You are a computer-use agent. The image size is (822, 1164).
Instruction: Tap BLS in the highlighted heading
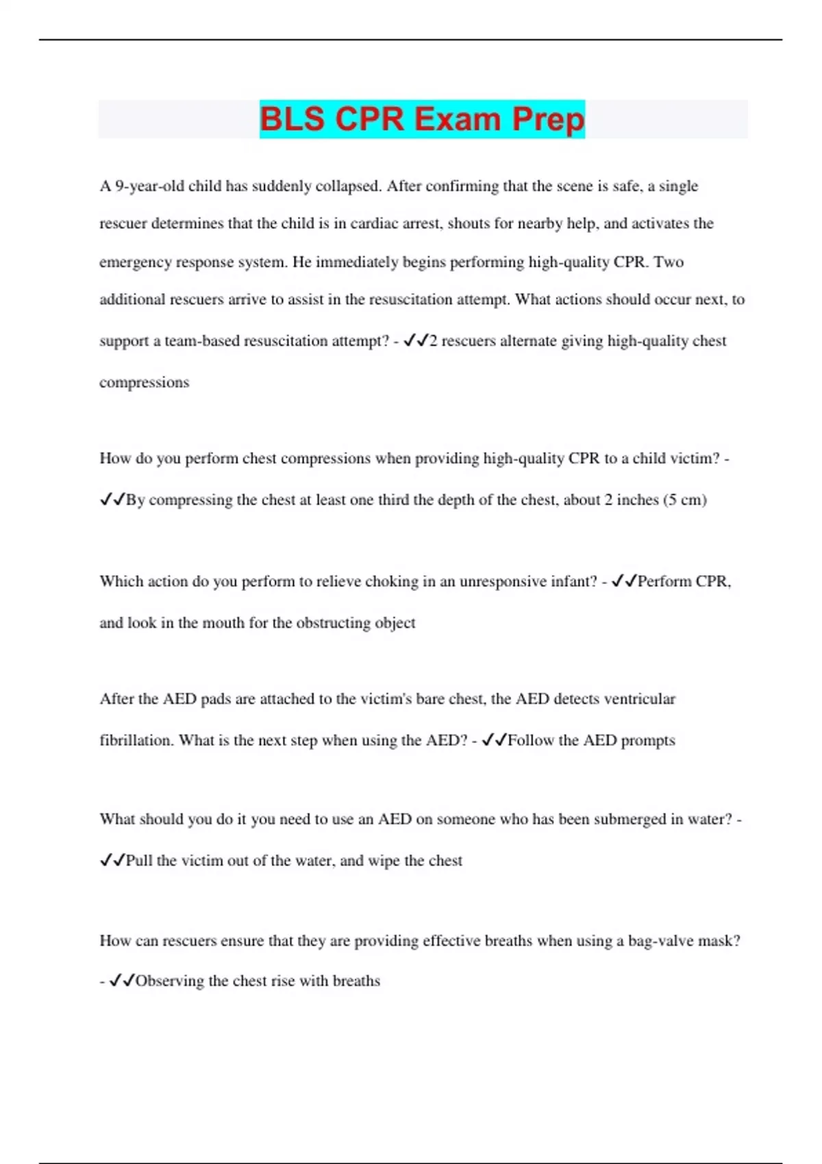point(292,119)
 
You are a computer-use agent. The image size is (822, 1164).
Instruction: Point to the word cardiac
point(375,224)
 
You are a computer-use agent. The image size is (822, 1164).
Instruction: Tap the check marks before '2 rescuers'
point(416,340)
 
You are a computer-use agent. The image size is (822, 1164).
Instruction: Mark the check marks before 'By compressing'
point(112,500)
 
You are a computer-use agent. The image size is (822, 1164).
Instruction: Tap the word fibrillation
point(136,740)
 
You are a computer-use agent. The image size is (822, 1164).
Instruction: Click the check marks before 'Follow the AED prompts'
point(494,740)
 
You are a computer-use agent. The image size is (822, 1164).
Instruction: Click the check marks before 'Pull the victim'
point(112,861)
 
